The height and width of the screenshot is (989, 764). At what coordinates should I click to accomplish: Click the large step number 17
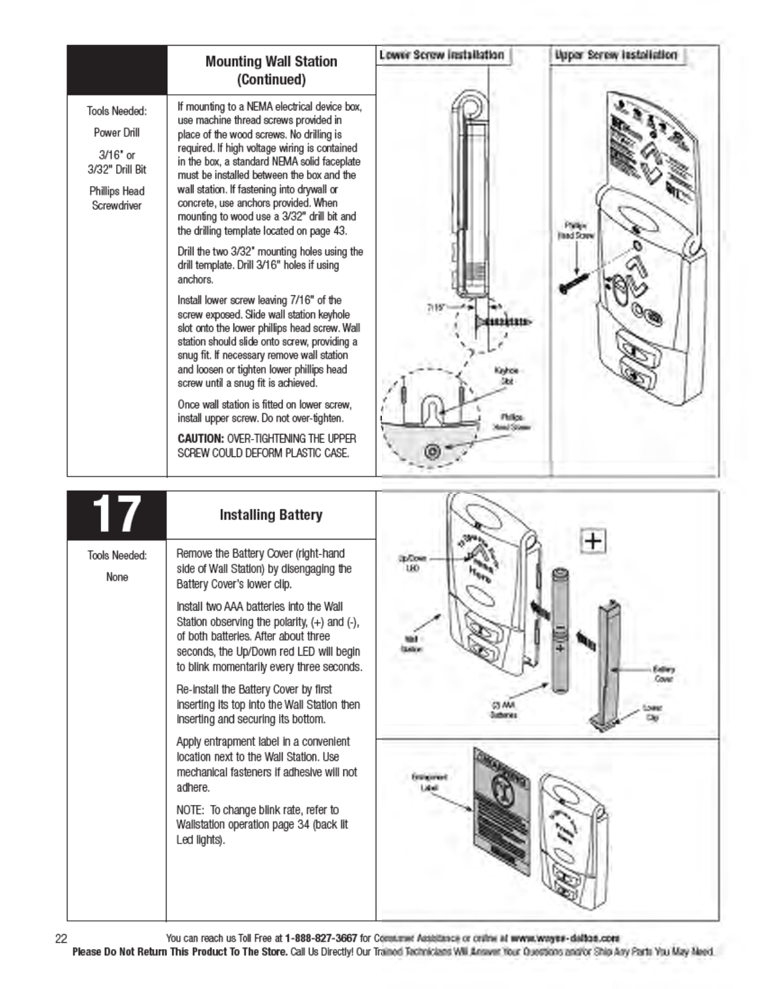pyautogui.click(x=116, y=514)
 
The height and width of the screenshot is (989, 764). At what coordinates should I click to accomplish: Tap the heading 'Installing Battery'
pyautogui.click(x=271, y=515)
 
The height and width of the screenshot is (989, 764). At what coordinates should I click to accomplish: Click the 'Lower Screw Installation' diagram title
pyautogui.click(x=442, y=55)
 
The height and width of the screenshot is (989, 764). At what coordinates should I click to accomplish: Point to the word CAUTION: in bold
pyautogui.click(x=200, y=439)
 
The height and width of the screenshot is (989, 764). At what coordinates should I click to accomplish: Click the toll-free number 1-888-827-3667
pyautogui.click(x=321, y=938)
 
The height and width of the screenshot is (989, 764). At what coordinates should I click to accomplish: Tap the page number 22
pyautogui.click(x=61, y=938)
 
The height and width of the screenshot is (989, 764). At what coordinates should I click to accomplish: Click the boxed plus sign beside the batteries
pyautogui.click(x=593, y=541)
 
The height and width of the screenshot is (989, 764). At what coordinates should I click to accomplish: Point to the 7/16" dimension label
pyautogui.click(x=436, y=307)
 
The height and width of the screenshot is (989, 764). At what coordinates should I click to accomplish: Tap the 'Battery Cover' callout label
pyautogui.click(x=664, y=674)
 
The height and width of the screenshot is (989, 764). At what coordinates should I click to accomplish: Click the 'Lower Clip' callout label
pyautogui.click(x=652, y=712)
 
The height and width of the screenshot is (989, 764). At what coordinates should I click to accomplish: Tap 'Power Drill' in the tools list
pyautogui.click(x=117, y=132)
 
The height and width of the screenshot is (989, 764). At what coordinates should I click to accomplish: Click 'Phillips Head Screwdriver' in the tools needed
pyautogui.click(x=117, y=199)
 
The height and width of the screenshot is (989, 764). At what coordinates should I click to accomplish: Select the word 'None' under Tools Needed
pyautogui.click(x=117, y=577)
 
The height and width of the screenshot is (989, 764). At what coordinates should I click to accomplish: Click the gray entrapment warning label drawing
pyautogui.click(x=501, y=805)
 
